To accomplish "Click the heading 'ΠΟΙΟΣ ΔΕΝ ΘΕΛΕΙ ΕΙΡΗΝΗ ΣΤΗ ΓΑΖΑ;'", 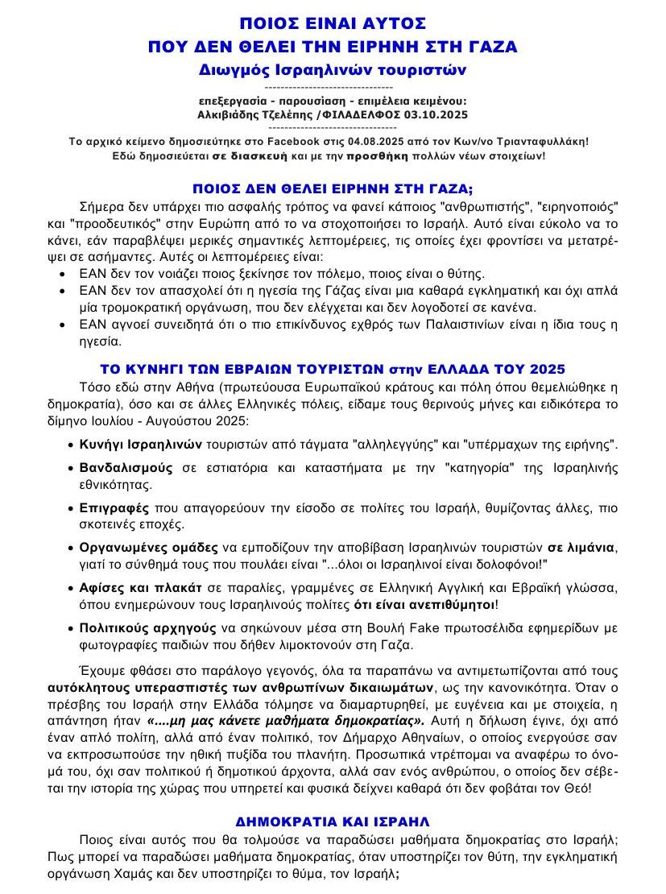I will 333,188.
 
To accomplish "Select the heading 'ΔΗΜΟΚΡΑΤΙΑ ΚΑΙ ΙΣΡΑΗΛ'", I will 333,822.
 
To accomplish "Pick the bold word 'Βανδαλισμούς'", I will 126,467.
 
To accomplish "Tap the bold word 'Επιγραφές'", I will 114,508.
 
